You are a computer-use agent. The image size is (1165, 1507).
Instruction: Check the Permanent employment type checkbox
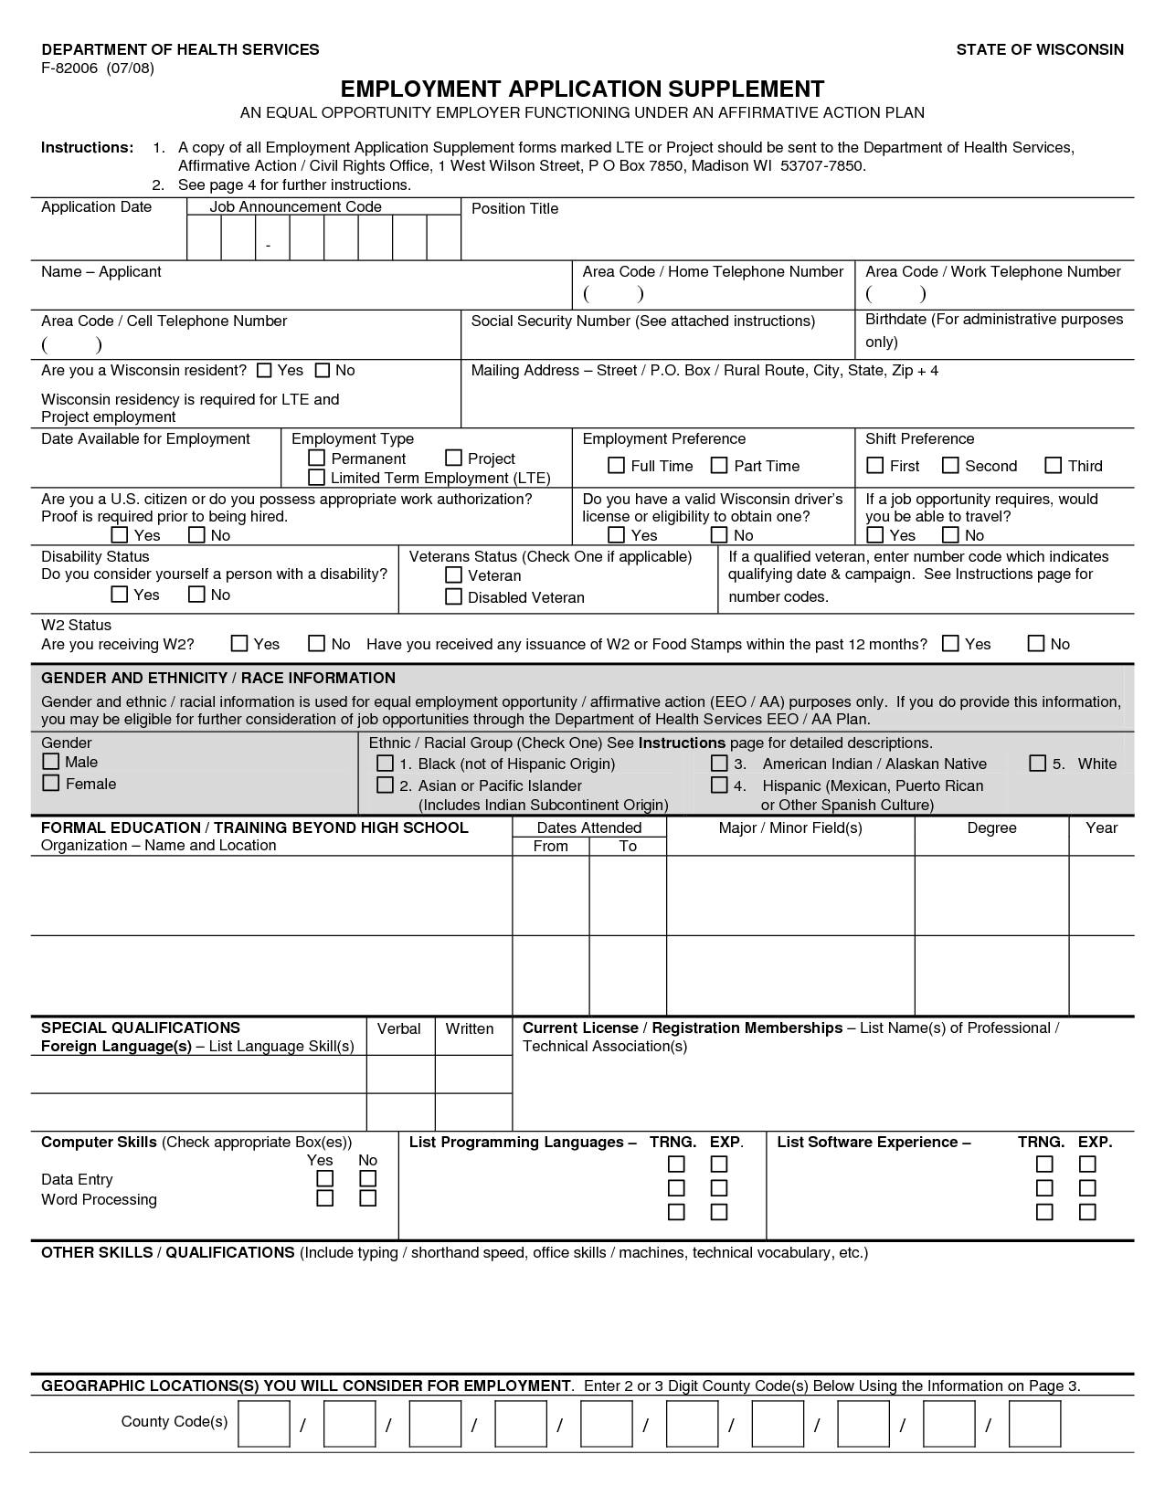pos(317,458)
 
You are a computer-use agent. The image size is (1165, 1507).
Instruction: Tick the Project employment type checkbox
pos(454,458)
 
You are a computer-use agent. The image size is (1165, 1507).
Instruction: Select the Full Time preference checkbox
pos(617,466)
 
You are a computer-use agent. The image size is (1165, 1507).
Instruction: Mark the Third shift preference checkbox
pos(1054,466)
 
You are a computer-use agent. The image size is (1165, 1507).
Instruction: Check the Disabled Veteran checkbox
pos(453,597)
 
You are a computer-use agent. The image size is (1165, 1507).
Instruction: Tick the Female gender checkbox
pos(51,784)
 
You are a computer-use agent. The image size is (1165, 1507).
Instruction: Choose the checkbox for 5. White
pos(1038,764)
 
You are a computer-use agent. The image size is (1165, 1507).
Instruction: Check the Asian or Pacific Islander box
pos(386,785)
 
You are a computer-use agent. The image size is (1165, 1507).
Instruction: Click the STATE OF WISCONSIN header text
pos(1040,49)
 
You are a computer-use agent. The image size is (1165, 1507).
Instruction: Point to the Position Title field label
pos(514,208)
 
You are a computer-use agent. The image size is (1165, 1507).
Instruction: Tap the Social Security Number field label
pos(642,321)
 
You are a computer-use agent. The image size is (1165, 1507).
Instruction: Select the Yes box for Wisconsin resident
pos(265,370)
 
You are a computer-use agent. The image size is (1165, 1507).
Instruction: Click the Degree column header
pos(991,827)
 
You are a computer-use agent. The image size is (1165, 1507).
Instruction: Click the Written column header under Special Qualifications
pos(470,1028)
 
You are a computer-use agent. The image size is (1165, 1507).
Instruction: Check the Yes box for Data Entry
pos(325,1179)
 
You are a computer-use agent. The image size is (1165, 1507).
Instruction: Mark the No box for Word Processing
pos(368,1198)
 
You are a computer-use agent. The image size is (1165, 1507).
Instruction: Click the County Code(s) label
pos(175,1421)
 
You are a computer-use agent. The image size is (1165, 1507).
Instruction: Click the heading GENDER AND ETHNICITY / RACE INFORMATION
pos(218,678)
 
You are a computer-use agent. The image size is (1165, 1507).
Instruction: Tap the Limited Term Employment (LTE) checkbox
pos(317,478)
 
